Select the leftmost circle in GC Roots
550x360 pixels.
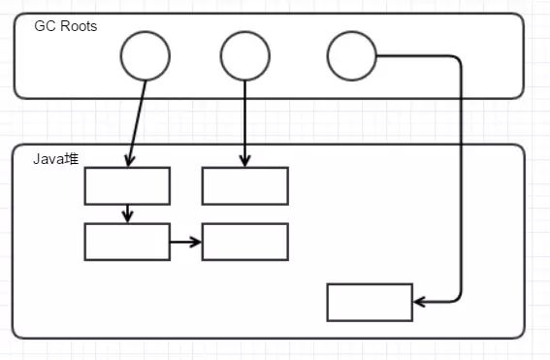pyautogui.click(x=146, y=57)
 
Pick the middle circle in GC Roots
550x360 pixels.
pyautogui.click(x=244, y=57)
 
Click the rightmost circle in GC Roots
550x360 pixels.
pyautogui.click(x=351, y=56)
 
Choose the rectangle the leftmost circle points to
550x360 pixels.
pyautogui.click(x=127, y=185)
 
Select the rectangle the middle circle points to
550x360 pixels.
pyautogui.click(x=244, y=185)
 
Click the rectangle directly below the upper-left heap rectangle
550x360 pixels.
pyautogui.click(x=127, y=242)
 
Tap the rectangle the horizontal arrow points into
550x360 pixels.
pyautogui.click(x=244, y=242)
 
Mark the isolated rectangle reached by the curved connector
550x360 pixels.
pyautogui.click(x=370, y=302)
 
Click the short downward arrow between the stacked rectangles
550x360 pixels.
pyautogui.click(x=127, y=213)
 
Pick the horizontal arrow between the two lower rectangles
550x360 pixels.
pyautogui.click(x=185, y=242)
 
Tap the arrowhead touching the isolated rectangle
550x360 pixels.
pyautogui.click(x=419, y=302)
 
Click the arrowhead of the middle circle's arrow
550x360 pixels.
pyautogui.click(x=244, y=160)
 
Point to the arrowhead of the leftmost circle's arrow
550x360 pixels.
pyautogui.click(x=129, y=160)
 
